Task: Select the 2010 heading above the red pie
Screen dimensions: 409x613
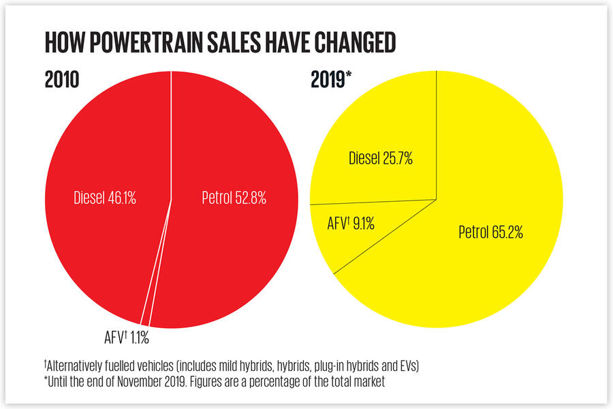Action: click(x=62, y=79)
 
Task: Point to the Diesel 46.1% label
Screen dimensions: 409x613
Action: click(x=106, y=198)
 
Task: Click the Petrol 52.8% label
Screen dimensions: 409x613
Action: click(x=234, y=198)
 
